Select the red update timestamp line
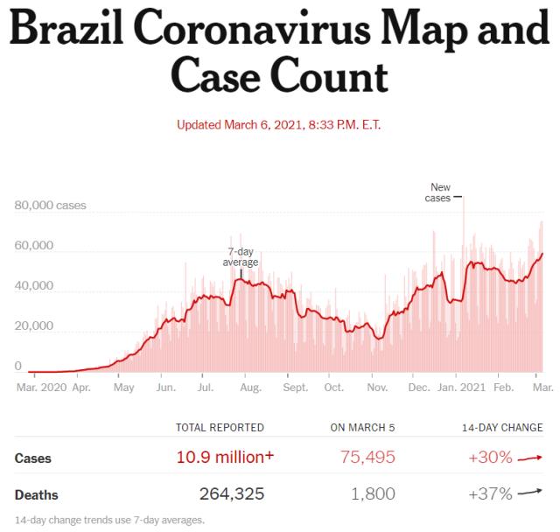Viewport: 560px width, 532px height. pyautogui.click(x=279, y=124)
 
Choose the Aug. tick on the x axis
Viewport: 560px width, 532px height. pyautogui.click(x=251, y=386)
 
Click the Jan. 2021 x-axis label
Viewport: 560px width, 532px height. pyautogui.click(x=461, y=386)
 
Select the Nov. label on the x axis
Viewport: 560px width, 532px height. pyautogui.click(x=377, y=386)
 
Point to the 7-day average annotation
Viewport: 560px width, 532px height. pyautogui.click(x=240, y=256)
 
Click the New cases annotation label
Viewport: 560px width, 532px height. pyautogui.click(x=440, y=192)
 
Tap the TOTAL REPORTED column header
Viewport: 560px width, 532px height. pyautogui.click(x=220, y=428)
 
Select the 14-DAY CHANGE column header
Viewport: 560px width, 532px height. pyautogui.click(x=502, y=428)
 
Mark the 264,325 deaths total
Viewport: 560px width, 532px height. pyautogui.click(x=232, y=494)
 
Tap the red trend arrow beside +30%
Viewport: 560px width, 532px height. pyautogui.click(x=531, y=457)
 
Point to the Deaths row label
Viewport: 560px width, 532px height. pyautogui.click(x=37, y=495)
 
